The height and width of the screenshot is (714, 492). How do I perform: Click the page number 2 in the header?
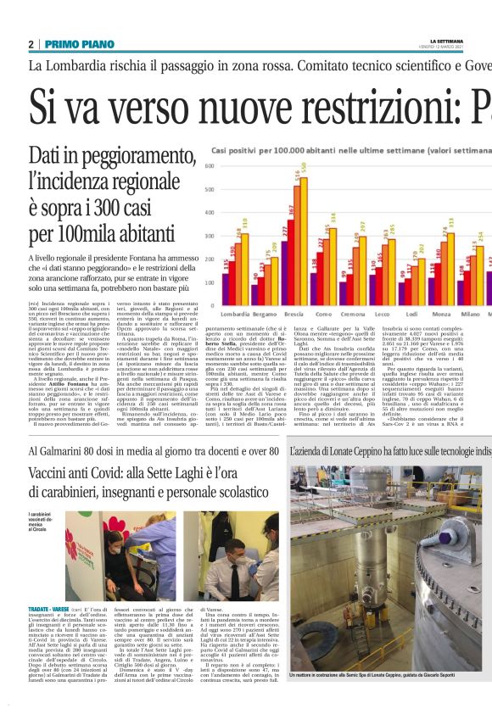[x=31, y=44]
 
